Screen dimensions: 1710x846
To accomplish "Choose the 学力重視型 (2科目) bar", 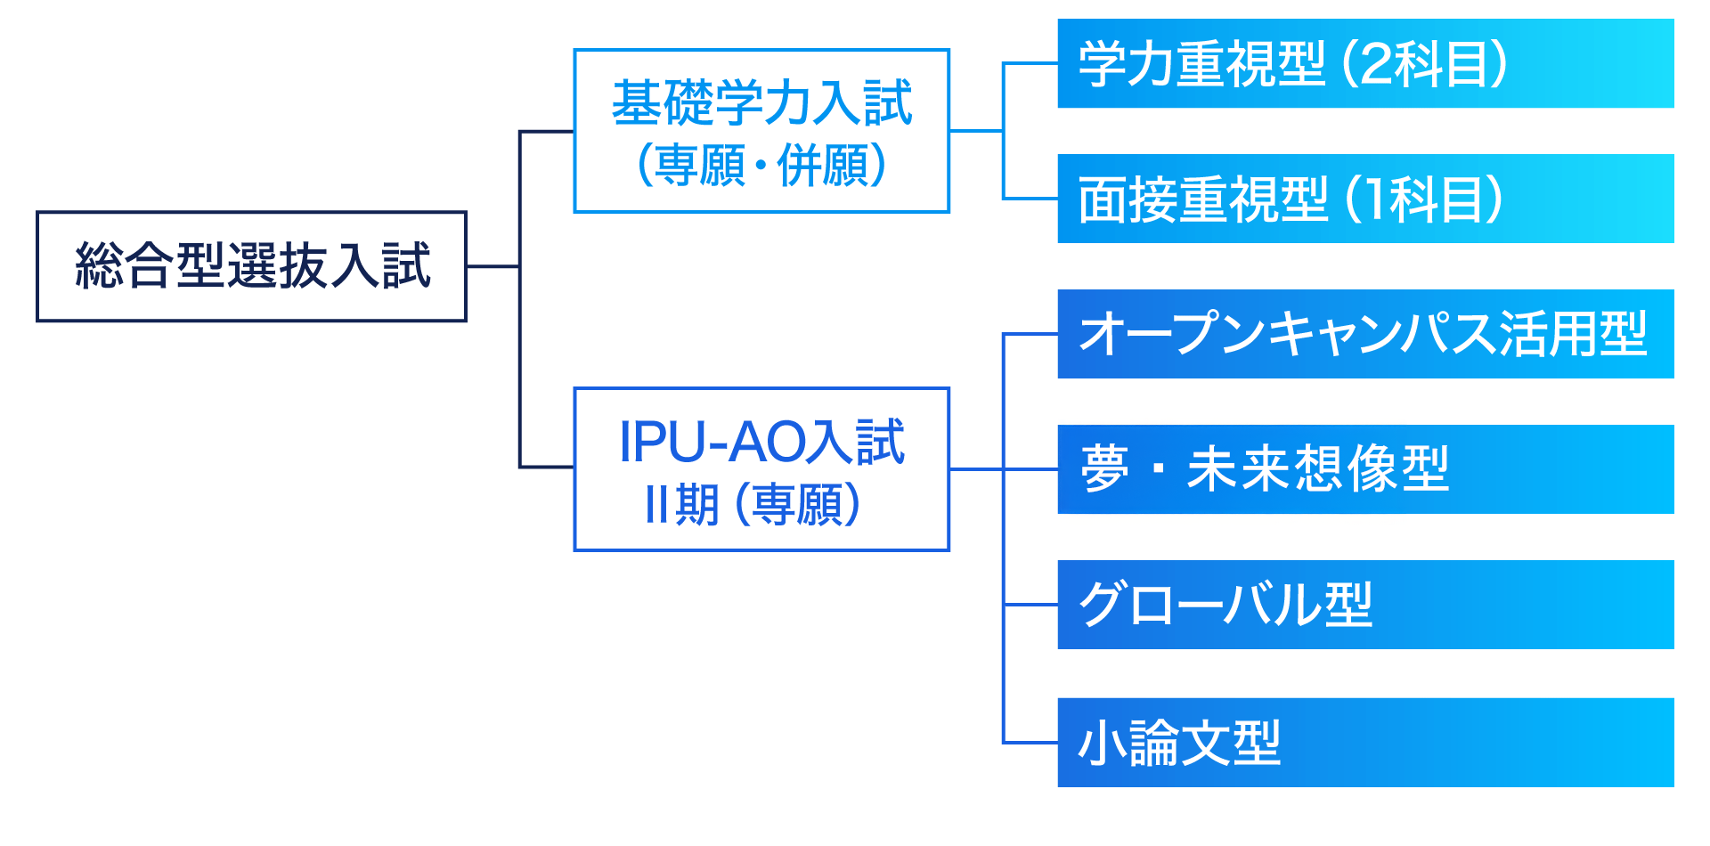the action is pyautogui.click(x=1365, y=63).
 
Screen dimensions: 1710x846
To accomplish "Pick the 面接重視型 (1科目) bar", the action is pyautogui.click(x=1365, y=199).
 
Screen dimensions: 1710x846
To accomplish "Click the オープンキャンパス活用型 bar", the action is pyautogui.click(x=1365, y=334).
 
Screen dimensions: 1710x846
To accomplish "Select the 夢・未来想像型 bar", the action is pyautogui.click(x=1365, y=469).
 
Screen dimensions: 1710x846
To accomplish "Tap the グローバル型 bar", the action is pyautogui.click(x=1365, y=605).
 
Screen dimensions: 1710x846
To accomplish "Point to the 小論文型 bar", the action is pyautogui.click(x=1365, y=743).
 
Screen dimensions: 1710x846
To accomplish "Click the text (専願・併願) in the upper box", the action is pyautogui.click(x=762, y=165).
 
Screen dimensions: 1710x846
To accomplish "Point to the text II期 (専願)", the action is pyautogui.click(x=753, y=504).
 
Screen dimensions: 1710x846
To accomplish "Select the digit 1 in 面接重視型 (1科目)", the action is pyautogui.click(x=1376, y=199).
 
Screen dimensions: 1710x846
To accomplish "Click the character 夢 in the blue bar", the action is pyautogui.click(x=1104, y=468).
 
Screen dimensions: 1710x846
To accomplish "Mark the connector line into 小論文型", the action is pyautogui.click(x=1030, y=742).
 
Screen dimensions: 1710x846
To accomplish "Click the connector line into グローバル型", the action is pyautogui.click(x=1030, y=605).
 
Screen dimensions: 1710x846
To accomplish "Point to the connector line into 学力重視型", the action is pyautogui.click(x=1030, y=63).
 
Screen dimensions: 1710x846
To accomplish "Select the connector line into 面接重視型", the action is pyautogui.click(x=1030, y=198).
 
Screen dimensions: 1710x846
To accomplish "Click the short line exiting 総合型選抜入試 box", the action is pyautogui.click(x=493, y=266).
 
